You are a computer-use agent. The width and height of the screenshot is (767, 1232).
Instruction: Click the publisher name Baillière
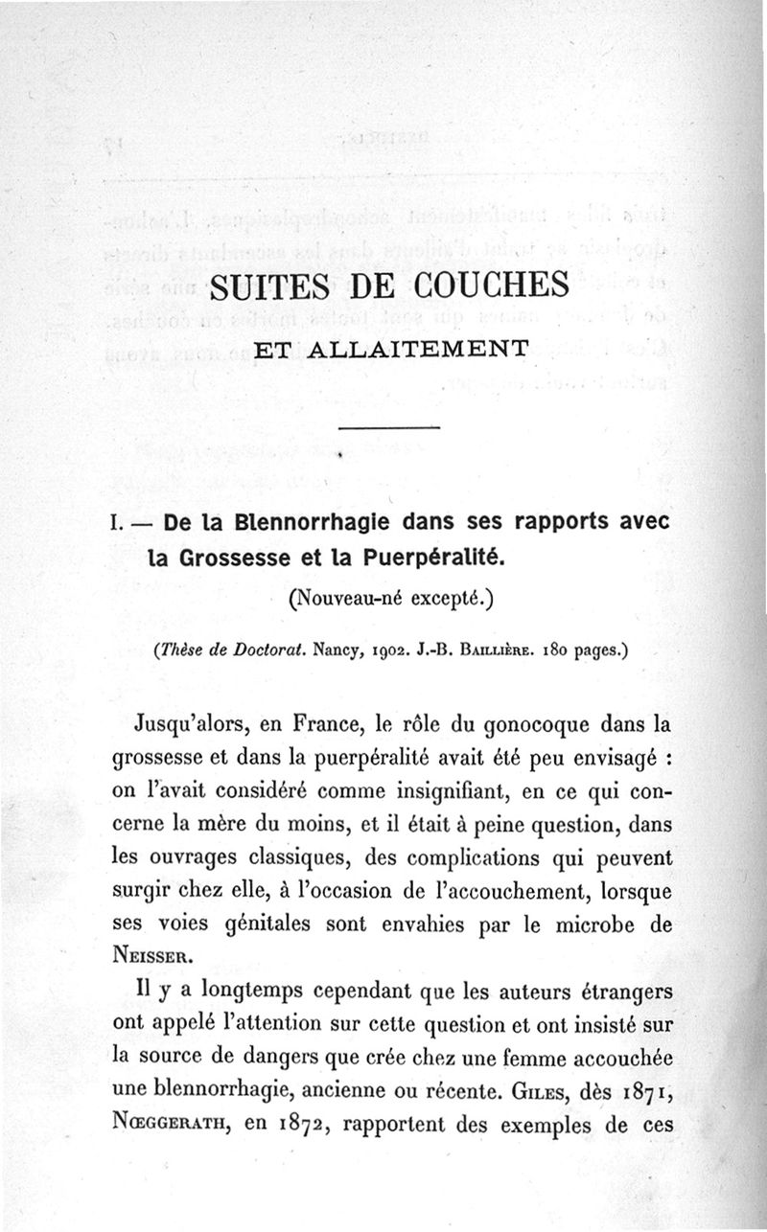tap(500, 655)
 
